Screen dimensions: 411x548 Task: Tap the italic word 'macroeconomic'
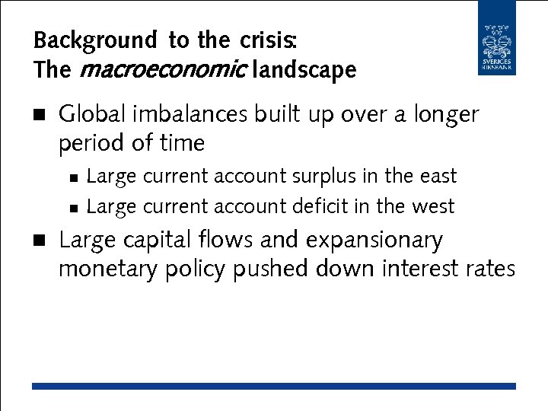pyautogui.click(x=161, y=70)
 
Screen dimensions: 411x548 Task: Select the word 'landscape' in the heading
pyautogui.click(x=304, y=70)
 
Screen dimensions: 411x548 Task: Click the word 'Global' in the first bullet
pyautogui.click(x=92, y=114)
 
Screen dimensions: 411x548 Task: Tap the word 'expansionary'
pyautogui.click(x=374, y=241)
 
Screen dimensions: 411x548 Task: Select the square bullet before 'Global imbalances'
pyautogui.click(x=39, y=115)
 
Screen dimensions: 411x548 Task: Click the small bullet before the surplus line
pyautogui.click(x=72, y=177)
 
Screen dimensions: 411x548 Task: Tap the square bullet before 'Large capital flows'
pyautogui.click(x=39, y=241)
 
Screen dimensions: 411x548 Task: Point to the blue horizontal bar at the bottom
pyautogui.click(x=274, y=387)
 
